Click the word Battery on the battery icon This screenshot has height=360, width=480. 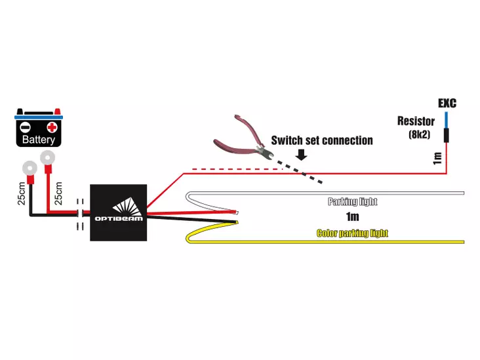[x=38, y=140]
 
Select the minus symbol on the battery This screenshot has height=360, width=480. [x=24, y=127]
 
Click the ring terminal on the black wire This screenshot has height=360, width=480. [x=29, y=168]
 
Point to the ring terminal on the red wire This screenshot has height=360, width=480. [x=47, y=157]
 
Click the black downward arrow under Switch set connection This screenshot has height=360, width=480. [x=301, y=155]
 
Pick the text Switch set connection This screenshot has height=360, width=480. [x=322, y=140]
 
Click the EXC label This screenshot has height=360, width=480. [x=447, y=104]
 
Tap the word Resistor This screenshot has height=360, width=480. [x=415, y=121]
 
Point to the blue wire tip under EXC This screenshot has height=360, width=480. [x=446, y=119]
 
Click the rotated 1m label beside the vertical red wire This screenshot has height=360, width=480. [x=437, y=157]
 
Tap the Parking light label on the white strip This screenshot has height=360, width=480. [x=353, y=202]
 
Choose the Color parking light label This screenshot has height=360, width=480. [x=352, y=233]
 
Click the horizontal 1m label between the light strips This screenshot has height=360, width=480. [x=353, y=217]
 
